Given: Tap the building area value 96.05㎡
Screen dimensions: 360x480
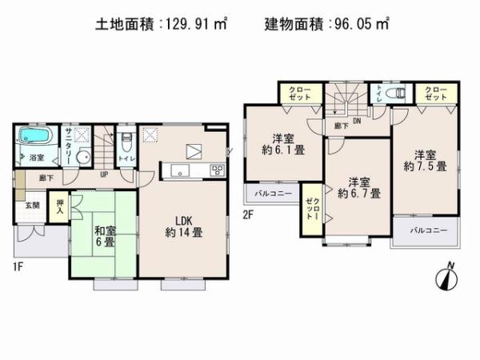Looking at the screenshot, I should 358,25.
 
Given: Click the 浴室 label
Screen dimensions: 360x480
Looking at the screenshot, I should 37,158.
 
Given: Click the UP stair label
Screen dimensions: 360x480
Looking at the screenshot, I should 104,174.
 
